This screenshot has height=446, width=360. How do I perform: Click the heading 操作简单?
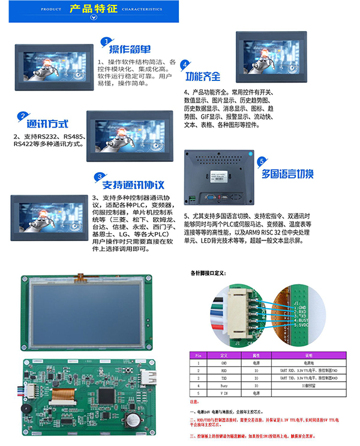click(x=130, y=50)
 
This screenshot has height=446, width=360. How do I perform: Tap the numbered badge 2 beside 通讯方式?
click(x=23, y=116)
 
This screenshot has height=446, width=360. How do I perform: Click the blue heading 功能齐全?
click(x=202, y=77)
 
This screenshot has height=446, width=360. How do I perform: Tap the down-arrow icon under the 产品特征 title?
click(x=93, y=18)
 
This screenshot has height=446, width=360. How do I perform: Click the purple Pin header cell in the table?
click(x=198, y=355)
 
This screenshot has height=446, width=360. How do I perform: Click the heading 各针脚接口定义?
click(x=208, y=273)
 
